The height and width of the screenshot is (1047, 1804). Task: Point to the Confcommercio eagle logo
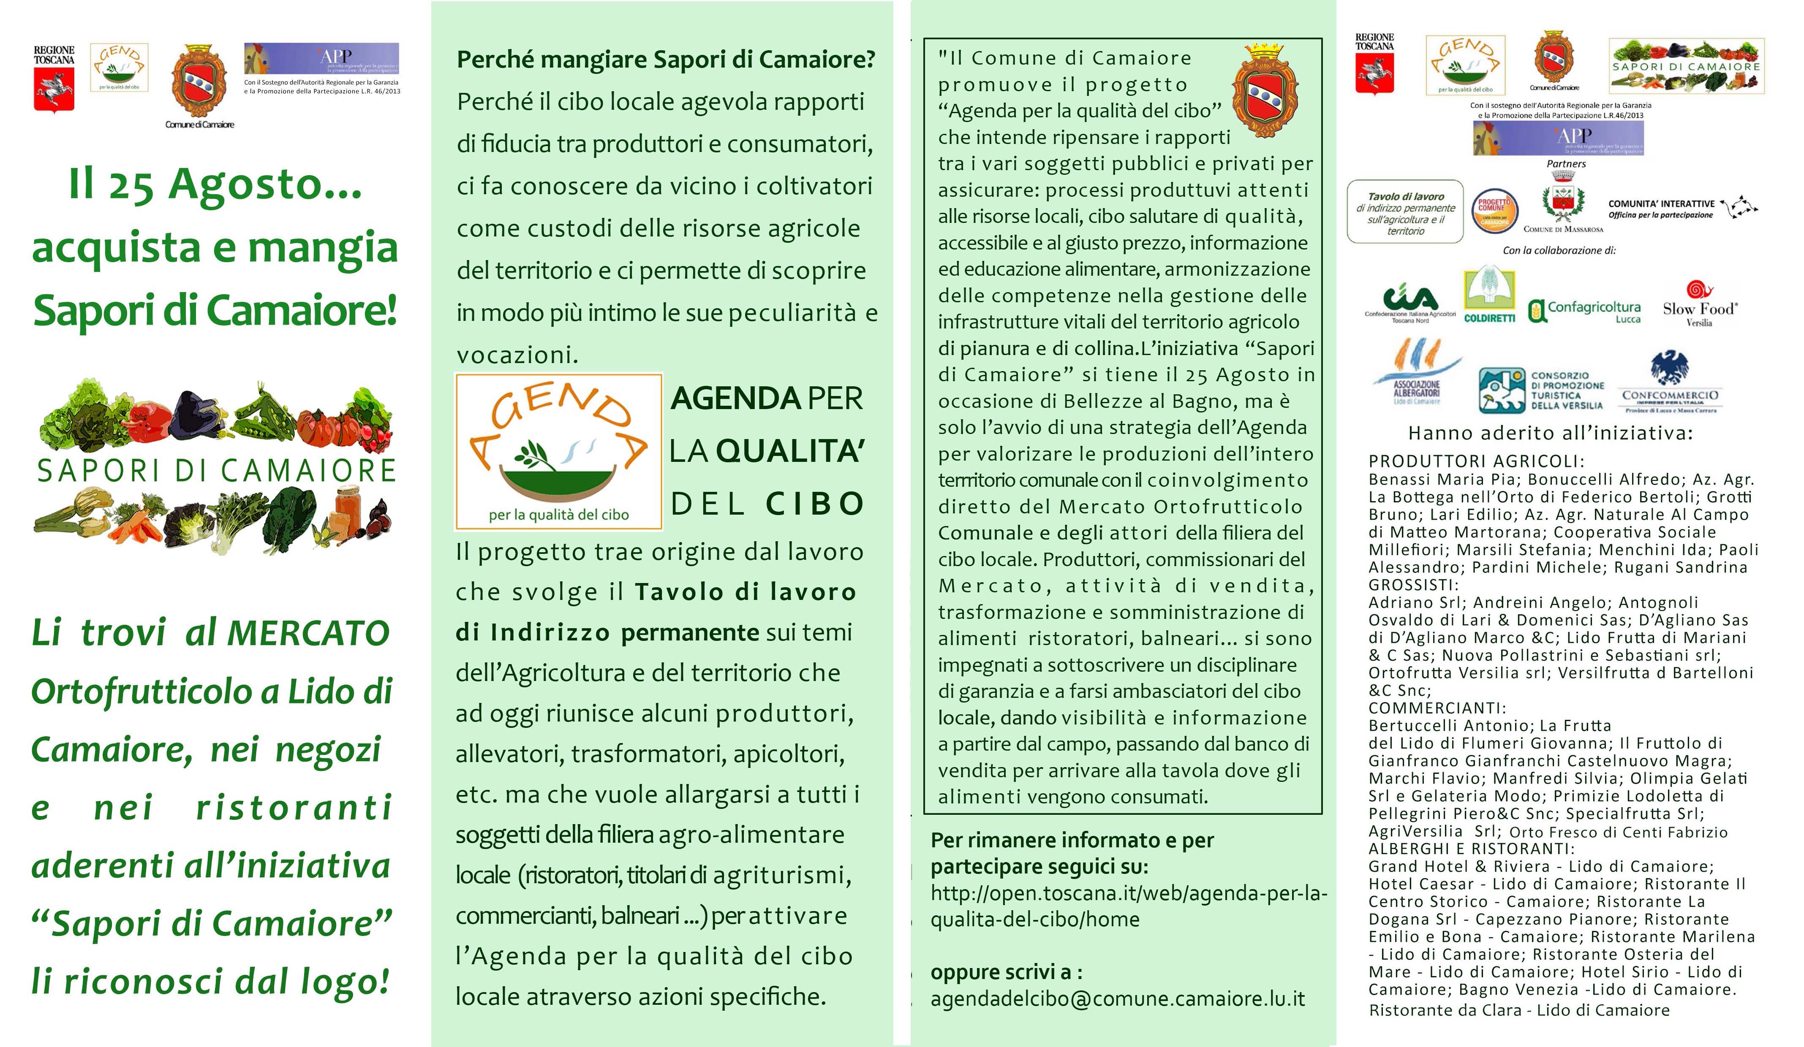[1669, 383]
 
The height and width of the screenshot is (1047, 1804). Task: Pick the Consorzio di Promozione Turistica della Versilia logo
[1541, 390]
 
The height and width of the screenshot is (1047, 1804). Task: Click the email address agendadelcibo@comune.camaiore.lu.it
[1118, 998]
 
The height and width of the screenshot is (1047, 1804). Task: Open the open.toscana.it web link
[1128, 906]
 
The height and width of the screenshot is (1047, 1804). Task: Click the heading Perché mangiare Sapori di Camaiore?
[666, 60]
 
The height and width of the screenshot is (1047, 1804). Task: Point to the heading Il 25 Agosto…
[215, 184]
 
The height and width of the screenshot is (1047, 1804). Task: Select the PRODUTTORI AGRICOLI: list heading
[1476, 461]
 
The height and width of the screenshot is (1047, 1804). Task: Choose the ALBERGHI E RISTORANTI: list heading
[1471, 849]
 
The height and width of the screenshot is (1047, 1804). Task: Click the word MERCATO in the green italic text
[308, 633]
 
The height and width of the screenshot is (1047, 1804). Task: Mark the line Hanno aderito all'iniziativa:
[1550, 433]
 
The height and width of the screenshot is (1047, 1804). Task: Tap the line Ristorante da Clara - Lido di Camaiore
[1519, 1010]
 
